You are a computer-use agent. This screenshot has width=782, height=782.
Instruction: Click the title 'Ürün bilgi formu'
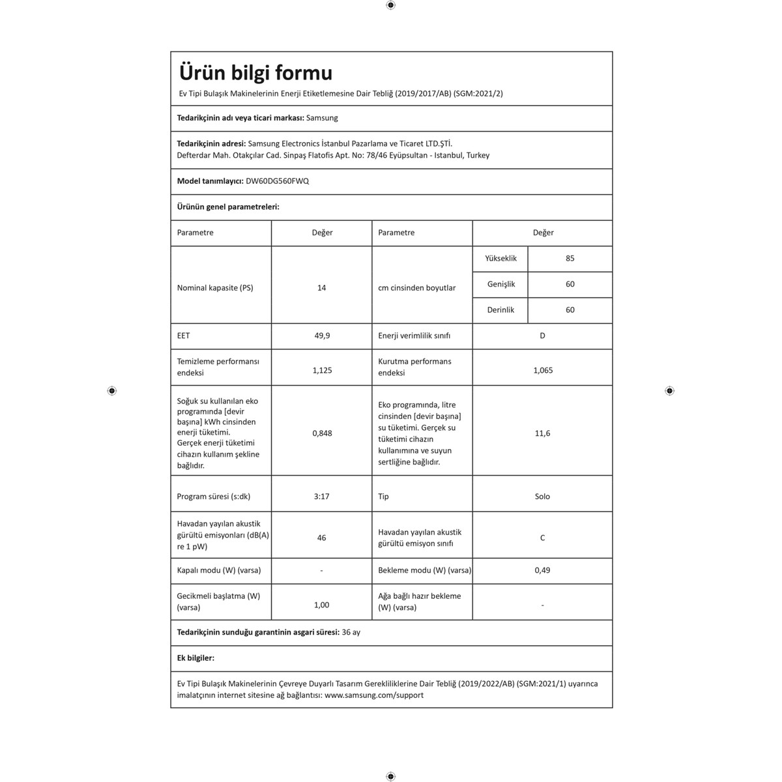pyautogui.click(x=255, y=73)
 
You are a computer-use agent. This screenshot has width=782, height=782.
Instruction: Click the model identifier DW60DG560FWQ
pyautogui.click(x=277, y=181)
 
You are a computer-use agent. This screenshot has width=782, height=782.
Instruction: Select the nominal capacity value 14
pyautogui.click(x=321, y=287)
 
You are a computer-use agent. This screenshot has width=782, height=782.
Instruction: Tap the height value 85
pyautogui.click(x=570, y=259)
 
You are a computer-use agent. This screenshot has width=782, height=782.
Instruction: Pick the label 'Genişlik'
pyautogui.click(x=501, y=284)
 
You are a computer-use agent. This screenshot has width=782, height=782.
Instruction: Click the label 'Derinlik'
pyautogui.click(x=500, y=310)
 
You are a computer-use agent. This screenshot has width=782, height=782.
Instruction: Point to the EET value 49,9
pyautogui.click(x=322, y=336)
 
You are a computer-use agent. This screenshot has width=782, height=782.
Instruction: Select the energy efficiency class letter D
pyautogui.click(x=542, y=336)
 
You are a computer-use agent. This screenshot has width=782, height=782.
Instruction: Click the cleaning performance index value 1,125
pyautogui.click(x=322, y=370)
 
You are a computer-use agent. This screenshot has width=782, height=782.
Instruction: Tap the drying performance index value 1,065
pyautogui.click(x=543, y=370)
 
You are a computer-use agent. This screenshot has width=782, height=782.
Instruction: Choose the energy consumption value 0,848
pyautogui.click(x=322, y=433)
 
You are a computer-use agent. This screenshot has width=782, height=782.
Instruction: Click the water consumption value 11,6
pyautogui.click(x=542, y=433)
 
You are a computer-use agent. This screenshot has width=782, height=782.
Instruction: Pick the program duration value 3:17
pyautogui.click(x=321, y=497)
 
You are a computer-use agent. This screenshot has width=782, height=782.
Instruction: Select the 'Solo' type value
pyautogui.click(x=542, y=497)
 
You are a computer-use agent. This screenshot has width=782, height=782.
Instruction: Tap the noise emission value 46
pyautogui.click(x=321, y=538)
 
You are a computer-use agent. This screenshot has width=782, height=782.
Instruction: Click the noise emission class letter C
pyautogui.click(x=542, y=538)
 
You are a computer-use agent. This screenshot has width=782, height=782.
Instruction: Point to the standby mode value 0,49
pyautogui.click(x=542, y=570)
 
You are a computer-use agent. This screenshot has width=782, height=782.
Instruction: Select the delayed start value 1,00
pyautogui.click(x=321, y=605)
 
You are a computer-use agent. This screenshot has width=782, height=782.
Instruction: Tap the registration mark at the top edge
pyautogui.click(x=390, y=5)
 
